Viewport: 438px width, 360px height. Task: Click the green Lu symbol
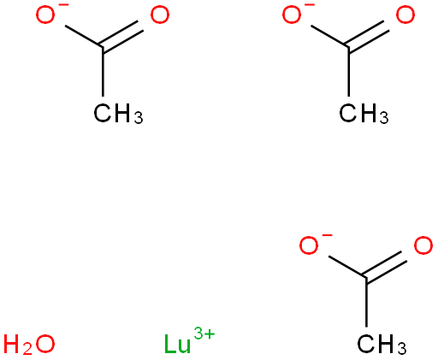(177, 344)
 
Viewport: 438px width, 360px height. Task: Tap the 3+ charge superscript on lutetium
(204, 333)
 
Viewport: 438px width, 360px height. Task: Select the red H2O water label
(29, 345)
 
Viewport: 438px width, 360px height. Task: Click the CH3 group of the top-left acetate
(118, 114)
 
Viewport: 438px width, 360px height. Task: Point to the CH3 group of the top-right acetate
(364, 114)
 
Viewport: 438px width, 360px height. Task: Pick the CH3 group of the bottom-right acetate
(382, 345)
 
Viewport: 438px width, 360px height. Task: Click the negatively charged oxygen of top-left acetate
(45, 15)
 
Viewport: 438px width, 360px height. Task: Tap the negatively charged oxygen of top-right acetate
(292, 15)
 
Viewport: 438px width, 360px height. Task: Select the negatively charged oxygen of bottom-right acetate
(309, 245)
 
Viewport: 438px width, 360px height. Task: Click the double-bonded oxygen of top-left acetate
(160, 15)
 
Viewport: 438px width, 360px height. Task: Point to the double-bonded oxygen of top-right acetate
(405, 15)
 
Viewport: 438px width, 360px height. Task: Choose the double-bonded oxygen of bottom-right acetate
(423, 245)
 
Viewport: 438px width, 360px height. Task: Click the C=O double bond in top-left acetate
(121, 36)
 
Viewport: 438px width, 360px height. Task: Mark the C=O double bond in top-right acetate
(368, 36)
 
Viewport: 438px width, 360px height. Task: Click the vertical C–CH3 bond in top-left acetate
(103, 72)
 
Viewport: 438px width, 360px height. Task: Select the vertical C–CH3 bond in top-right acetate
(348, 72)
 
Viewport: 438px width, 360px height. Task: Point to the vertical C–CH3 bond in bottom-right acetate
(366, 302)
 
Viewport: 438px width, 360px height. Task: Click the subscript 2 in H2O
(27, 350)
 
